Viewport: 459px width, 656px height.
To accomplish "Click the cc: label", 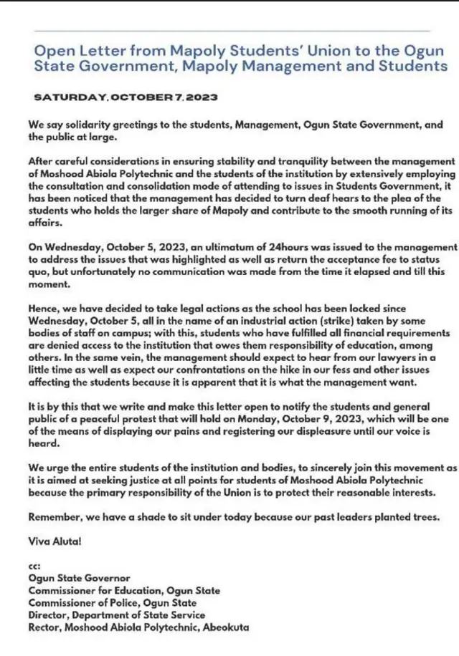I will click(34, 566).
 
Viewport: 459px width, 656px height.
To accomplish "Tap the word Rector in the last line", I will click(44, 627).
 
